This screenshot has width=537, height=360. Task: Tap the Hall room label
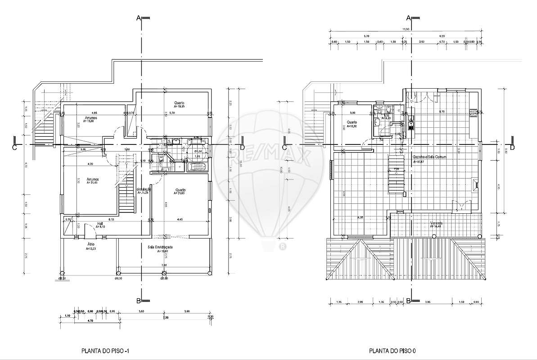tap(101, 223)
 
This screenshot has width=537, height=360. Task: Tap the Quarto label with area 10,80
tap(352, 122)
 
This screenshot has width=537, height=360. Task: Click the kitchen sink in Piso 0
tap(411, 121)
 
